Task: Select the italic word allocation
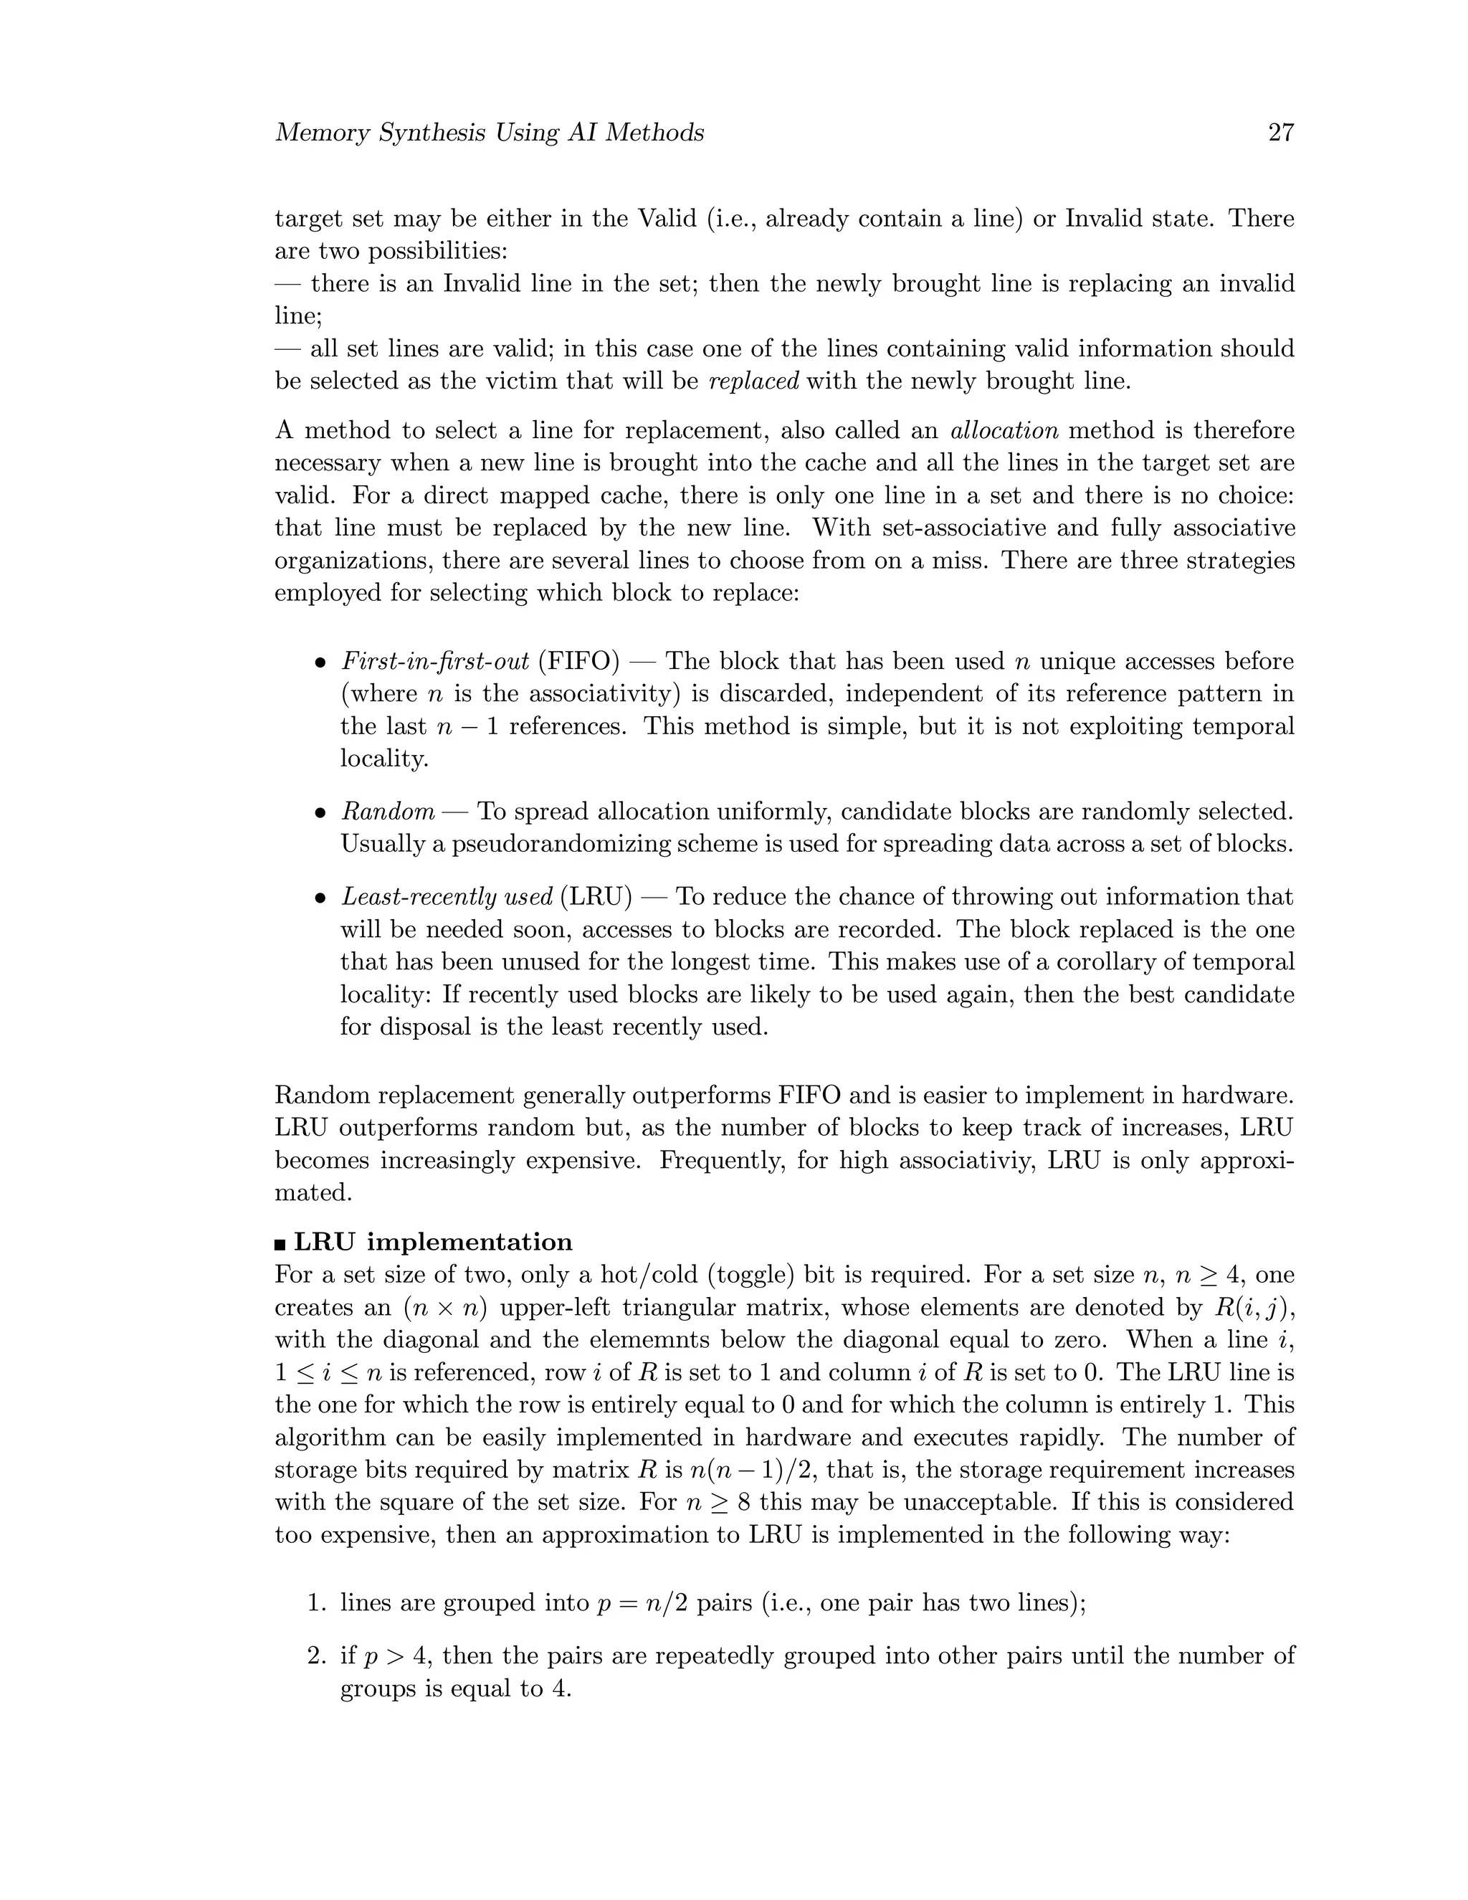pos(1004,431)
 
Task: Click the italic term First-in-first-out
pos(435,661)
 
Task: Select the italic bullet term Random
pos(388,812)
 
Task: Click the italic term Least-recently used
pos(447,897)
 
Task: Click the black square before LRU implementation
pos(280,1243)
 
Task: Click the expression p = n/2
pos(643,1603)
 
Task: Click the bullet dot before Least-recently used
pos(320,898)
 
